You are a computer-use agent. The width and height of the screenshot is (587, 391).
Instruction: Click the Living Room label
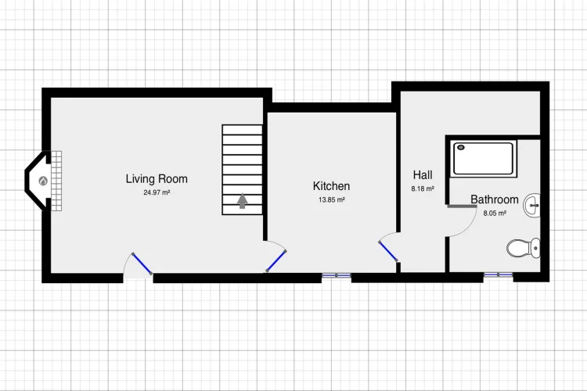[157, 179]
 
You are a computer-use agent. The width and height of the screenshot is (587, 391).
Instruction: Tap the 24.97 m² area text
[157, 192]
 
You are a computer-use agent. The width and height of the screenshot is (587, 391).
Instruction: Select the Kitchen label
[331, 186]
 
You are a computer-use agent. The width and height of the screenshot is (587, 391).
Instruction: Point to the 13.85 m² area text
[332, 200]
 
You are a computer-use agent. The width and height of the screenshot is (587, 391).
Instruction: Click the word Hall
[423, 174]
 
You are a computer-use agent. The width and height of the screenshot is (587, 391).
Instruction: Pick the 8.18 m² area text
[423, 189]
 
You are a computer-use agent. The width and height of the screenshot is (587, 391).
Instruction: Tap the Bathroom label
[494, 199]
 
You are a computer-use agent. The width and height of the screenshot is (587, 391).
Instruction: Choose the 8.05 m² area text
[495, 213]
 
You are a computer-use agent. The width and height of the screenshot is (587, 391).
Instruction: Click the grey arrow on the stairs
[243, 200]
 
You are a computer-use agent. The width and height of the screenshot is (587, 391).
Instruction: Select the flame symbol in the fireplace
[43, 181]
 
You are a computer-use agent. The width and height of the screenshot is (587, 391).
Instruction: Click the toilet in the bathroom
[524, 248]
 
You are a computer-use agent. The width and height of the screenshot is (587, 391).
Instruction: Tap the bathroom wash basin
[532, 205]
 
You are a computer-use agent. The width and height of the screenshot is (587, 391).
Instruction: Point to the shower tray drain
[461, 148]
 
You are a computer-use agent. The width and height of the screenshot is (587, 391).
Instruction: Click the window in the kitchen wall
[337, 275]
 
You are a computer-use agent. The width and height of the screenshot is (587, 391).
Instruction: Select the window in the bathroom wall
[499, 275]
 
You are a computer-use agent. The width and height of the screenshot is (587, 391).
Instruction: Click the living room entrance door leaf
[142, 264]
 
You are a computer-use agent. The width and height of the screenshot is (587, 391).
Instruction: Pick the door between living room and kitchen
[276, 261]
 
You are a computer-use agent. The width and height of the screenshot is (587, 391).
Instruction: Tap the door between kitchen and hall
[388, 252]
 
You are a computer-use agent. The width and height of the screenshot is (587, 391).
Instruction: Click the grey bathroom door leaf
[462, 206]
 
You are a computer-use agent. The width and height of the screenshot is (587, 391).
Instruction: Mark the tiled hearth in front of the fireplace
[56, 181]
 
